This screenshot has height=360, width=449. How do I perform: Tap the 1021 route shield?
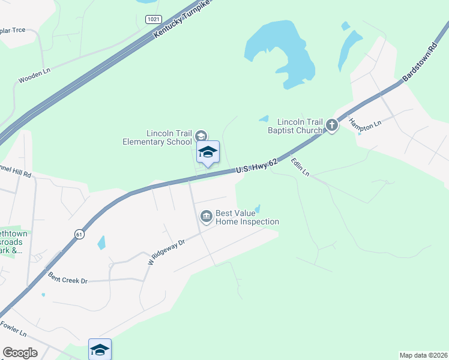[x=153, y=19]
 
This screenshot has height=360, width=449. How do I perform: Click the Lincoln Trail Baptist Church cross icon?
[x=332, y=125]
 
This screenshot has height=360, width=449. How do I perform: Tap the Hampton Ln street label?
[x=366, y=125]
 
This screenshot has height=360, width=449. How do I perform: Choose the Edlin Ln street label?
[x=300, y=167]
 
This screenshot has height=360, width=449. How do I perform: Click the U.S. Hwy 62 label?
[x=257, y=166]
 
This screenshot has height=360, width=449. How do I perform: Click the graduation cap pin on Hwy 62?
[x=208, y=152]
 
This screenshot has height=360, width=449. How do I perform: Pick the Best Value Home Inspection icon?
[x=206, y=216]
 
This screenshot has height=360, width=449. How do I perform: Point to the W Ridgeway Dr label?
[x=165, y=251]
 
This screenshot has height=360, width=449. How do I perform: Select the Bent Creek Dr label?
[x=68, y=279]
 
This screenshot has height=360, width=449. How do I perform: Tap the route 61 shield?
[x=79, y=233]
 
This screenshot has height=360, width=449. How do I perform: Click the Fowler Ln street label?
[x=14, y=330]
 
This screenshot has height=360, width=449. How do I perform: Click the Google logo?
[x=20, y=352]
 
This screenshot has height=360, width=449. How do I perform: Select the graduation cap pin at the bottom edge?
[x=100, y=349]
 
